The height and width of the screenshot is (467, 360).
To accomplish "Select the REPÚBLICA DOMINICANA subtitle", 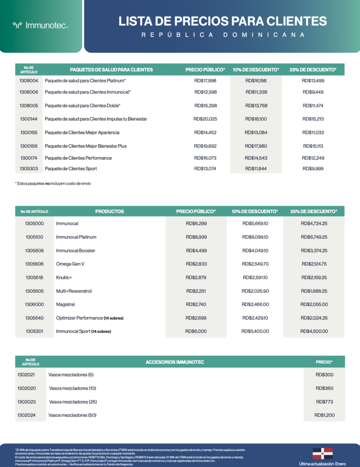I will pyautogui.click(x=223, y=35).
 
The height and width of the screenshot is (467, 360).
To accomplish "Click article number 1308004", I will pyautogui.click(x=29, y=81).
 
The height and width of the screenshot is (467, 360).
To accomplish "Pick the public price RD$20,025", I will pyautogui.click(x=205, y=119).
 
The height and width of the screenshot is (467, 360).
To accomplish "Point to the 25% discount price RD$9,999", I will pyautogui.click(x=313, y=169).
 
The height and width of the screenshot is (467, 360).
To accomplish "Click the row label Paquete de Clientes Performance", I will pyautogui.click(x=78, y=158).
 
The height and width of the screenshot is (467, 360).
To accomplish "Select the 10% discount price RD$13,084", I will pyautogui.click(x=256, y=133).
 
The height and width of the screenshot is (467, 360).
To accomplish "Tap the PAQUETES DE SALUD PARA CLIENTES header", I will pyautogui.click(x=111, y=70).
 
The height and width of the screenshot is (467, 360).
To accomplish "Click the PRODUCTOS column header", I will pyautogui.click(x=110, y=212).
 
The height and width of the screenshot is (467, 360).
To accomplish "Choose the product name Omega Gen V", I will pyautogui.click(x=71, y=264).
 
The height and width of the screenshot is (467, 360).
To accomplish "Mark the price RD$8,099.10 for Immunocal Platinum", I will pyautogui.click(x=255, y=237).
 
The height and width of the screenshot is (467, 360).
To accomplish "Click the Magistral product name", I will pyautogui.click(x=65, y=304).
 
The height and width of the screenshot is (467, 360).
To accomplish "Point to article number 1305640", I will pyautogui.click(x=35, y=318).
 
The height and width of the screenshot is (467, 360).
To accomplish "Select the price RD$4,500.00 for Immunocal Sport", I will pyautogui.click(x=314, y=332).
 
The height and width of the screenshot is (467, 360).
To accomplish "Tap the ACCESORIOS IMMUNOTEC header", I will pyautogui.click(x=175, y=362).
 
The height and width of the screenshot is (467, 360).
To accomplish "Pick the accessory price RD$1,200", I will pyautogui.click(x=324, y=415).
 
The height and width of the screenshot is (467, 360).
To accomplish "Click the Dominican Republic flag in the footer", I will pyautogui.click(x=322, y=453).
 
